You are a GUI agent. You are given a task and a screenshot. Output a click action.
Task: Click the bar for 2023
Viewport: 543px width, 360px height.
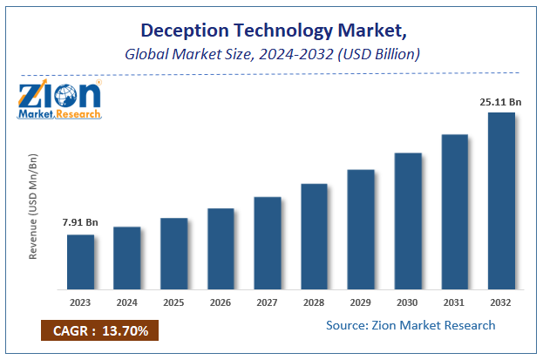(x=80, y=262)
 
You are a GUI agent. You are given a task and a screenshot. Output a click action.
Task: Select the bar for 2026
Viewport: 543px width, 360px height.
(x=221, y=248)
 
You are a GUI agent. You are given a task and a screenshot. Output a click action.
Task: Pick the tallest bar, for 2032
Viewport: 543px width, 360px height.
(x=501, y=200)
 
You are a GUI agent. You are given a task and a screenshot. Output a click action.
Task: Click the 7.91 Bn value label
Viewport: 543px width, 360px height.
(x=80, y=223)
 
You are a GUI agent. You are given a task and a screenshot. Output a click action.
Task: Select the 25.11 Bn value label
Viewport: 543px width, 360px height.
(x=500, y=101)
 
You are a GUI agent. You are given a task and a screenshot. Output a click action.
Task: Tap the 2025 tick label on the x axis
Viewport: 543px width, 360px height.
(x=173, y=302)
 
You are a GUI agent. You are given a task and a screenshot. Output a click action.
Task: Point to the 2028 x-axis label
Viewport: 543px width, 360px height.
(x=314, y=302)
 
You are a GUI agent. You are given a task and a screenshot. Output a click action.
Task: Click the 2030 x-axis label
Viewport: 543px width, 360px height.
(x=407, y=302)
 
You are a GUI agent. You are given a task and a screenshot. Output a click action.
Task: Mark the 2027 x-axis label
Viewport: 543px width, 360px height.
(x=268, y=302)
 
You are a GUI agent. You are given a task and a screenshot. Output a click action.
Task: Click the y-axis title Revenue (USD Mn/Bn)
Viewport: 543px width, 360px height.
(x=33, y=206)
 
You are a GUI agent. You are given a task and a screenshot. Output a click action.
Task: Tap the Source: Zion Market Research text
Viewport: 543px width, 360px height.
(x=411, y=325)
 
